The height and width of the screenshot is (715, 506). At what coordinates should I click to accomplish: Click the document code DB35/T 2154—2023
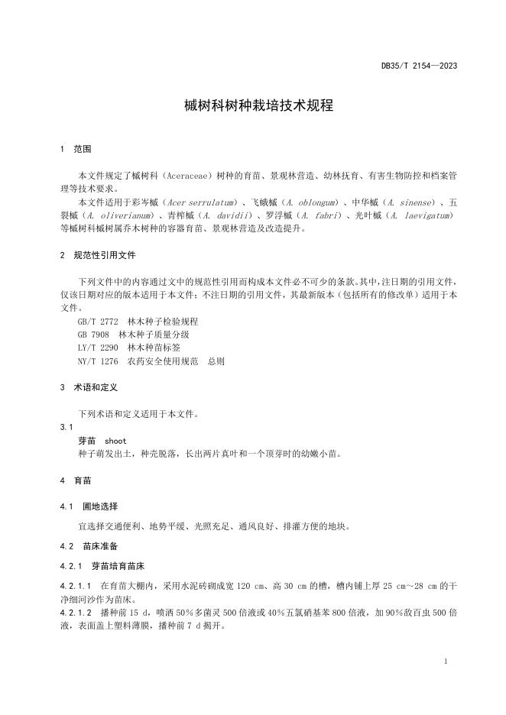point(419,66)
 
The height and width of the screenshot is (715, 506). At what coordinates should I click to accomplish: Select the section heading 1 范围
point(76,148)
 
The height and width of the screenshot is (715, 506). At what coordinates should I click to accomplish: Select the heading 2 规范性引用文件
point(97,254)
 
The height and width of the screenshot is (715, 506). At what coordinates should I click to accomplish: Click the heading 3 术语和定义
point(88,387)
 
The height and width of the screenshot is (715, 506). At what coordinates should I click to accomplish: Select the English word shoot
point(115,441)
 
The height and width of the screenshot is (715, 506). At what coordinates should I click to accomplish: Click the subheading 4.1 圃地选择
point(88,506)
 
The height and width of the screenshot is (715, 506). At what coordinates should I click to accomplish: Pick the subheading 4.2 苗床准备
point(88,546)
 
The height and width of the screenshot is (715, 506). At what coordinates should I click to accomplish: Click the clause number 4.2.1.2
point(75,613)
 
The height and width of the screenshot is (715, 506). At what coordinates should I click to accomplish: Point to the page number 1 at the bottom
point(446,661)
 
